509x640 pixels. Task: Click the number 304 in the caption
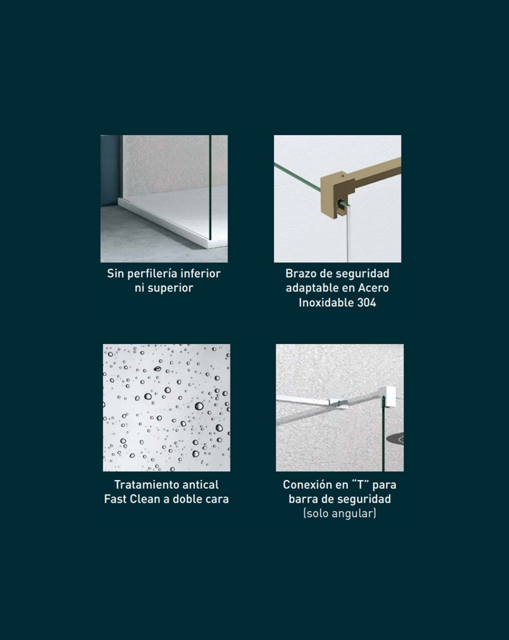[366, 303]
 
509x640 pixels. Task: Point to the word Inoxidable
[326, 303]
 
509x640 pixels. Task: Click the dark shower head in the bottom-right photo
[395, 439]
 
